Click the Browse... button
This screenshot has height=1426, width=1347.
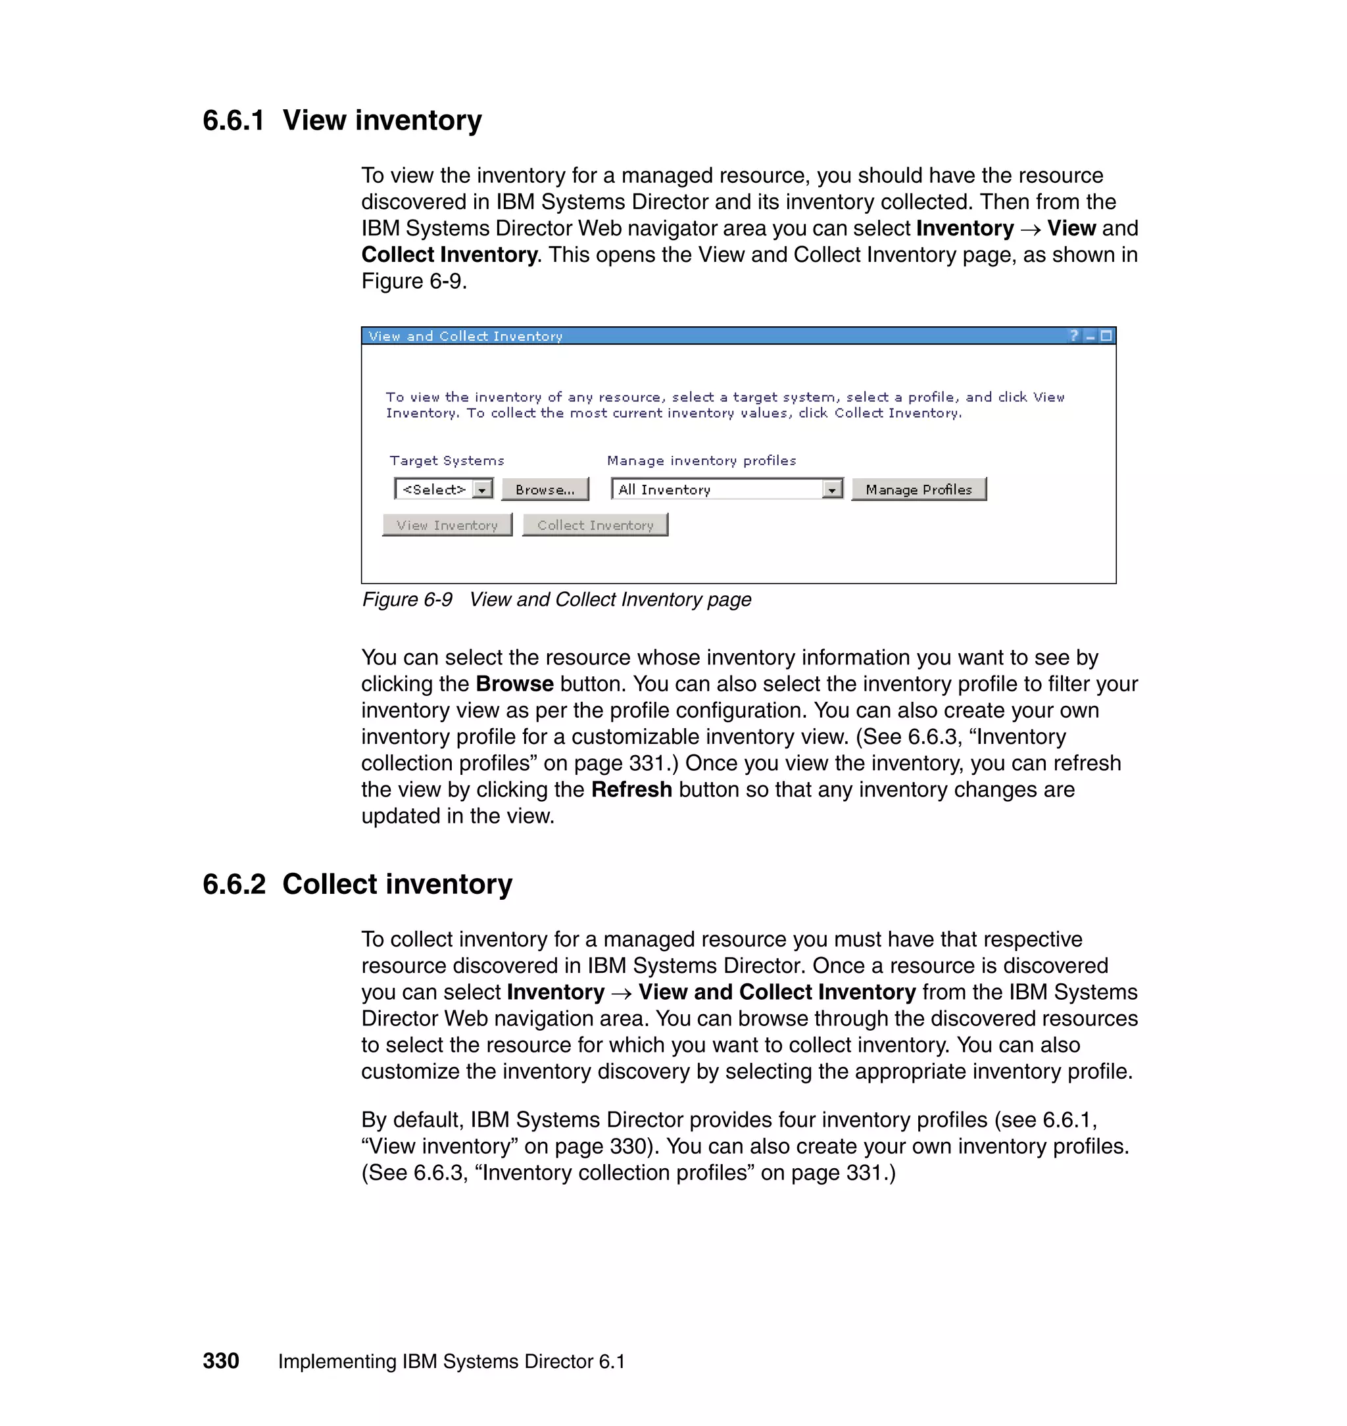(x=545, y=489)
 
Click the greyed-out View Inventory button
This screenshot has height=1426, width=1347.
(x=447, y=526)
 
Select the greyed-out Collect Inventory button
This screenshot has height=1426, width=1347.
(x=595, y=526)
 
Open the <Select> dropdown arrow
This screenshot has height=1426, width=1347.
(x=483, y=489)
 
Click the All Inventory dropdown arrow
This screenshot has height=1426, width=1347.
(x=831, y=489)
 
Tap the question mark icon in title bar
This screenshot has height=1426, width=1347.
(x=1074, y=335)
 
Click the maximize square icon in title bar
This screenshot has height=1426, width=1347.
(x=1106, y=335)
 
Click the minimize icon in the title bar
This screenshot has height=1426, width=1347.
(x=1090, y=337)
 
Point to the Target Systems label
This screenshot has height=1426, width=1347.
(x=447, y=461)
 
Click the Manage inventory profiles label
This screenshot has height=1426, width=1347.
(x=702, y=461)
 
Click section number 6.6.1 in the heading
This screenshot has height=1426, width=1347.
(x=233, y=120)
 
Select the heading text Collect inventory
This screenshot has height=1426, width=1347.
(x=397, y=885)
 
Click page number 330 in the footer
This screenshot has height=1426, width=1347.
(x=220, y=1362)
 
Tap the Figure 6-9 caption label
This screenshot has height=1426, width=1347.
(x=407, y=600)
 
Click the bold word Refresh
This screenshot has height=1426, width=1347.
(x=631, y=790)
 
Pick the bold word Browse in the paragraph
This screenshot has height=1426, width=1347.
(x=514, y=684)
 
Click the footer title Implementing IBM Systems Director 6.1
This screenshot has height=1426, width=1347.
(x=451, y=1362)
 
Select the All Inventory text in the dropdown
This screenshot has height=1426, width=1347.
(x=664, y=489)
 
